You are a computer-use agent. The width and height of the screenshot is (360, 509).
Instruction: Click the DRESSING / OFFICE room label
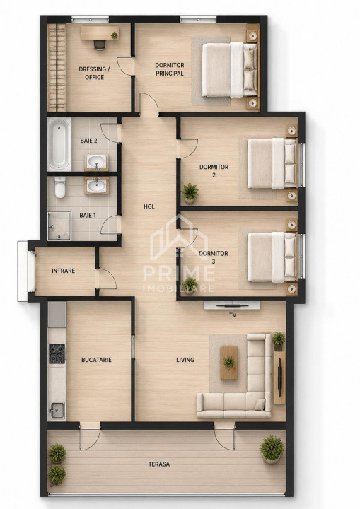tap(94, 73)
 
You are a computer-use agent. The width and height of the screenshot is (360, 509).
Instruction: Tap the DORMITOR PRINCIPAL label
tap(169, 69)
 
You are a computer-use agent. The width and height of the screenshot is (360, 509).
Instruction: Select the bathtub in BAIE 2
tap(59, 144)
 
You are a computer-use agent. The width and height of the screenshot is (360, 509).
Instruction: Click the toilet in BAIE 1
tap(60, 187)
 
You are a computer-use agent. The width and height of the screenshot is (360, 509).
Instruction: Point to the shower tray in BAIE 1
tap(59, 226)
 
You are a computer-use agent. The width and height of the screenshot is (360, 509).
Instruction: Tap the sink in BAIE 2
tap(96, 162)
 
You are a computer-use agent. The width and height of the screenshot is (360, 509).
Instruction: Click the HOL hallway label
tap(149, 206)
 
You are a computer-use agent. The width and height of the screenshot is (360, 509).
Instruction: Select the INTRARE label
tap(64, 271)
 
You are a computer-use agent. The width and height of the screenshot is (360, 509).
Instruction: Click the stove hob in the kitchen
tap(57, 353)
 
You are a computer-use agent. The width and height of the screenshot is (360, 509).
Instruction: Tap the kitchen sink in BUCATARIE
tap(57, 410)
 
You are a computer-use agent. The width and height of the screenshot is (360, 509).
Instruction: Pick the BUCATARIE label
tap(96, 360)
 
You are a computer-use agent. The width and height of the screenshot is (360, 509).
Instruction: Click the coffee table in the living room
tap(228, 363)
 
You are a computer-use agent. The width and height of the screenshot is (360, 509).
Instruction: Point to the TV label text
tap(233, 315)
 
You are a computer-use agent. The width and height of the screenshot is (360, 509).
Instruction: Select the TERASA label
tap(159, 464)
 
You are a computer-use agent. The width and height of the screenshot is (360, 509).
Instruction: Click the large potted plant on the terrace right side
tap(272, 450)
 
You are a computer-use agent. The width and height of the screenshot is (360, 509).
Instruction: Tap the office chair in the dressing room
tap(100, 45)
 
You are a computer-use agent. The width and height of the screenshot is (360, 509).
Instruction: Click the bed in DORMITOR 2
tap(272, 163)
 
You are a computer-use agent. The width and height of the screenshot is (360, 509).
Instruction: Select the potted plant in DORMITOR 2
tap(190, 194)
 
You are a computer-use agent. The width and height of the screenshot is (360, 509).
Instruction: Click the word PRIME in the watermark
tap(179, 273)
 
